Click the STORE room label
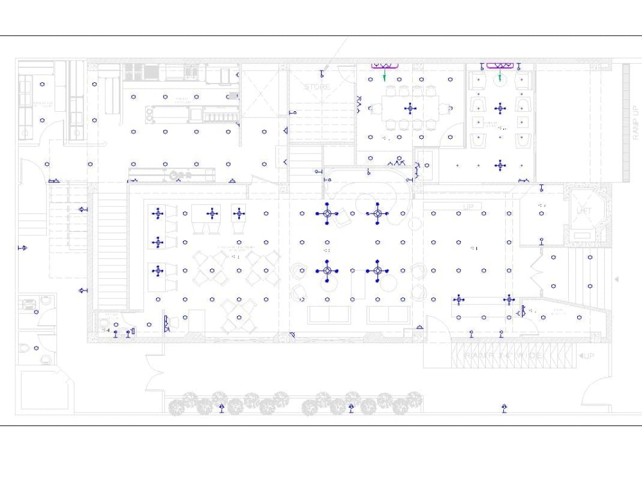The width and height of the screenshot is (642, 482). [x=317, y=87]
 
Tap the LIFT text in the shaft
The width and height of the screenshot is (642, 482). [x=584, y=211]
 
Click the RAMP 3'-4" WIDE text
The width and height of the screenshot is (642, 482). [x=504, y=355]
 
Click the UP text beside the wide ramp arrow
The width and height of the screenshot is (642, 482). [x=587, y=355]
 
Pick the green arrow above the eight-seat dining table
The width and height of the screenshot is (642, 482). [x=385, y=76]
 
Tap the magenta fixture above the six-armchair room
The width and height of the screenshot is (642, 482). [x=499, y=66]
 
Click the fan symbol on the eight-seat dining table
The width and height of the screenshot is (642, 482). [x=411, y=108]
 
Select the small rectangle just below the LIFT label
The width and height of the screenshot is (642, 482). [x=582, y=235]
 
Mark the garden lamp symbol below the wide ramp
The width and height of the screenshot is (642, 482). [x=505, y=407]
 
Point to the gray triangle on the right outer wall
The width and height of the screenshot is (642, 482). [x=616, y=280]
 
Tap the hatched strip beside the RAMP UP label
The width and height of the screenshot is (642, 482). [x=627, y=122]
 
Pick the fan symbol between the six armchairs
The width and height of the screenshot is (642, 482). [x=499, y=107]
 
